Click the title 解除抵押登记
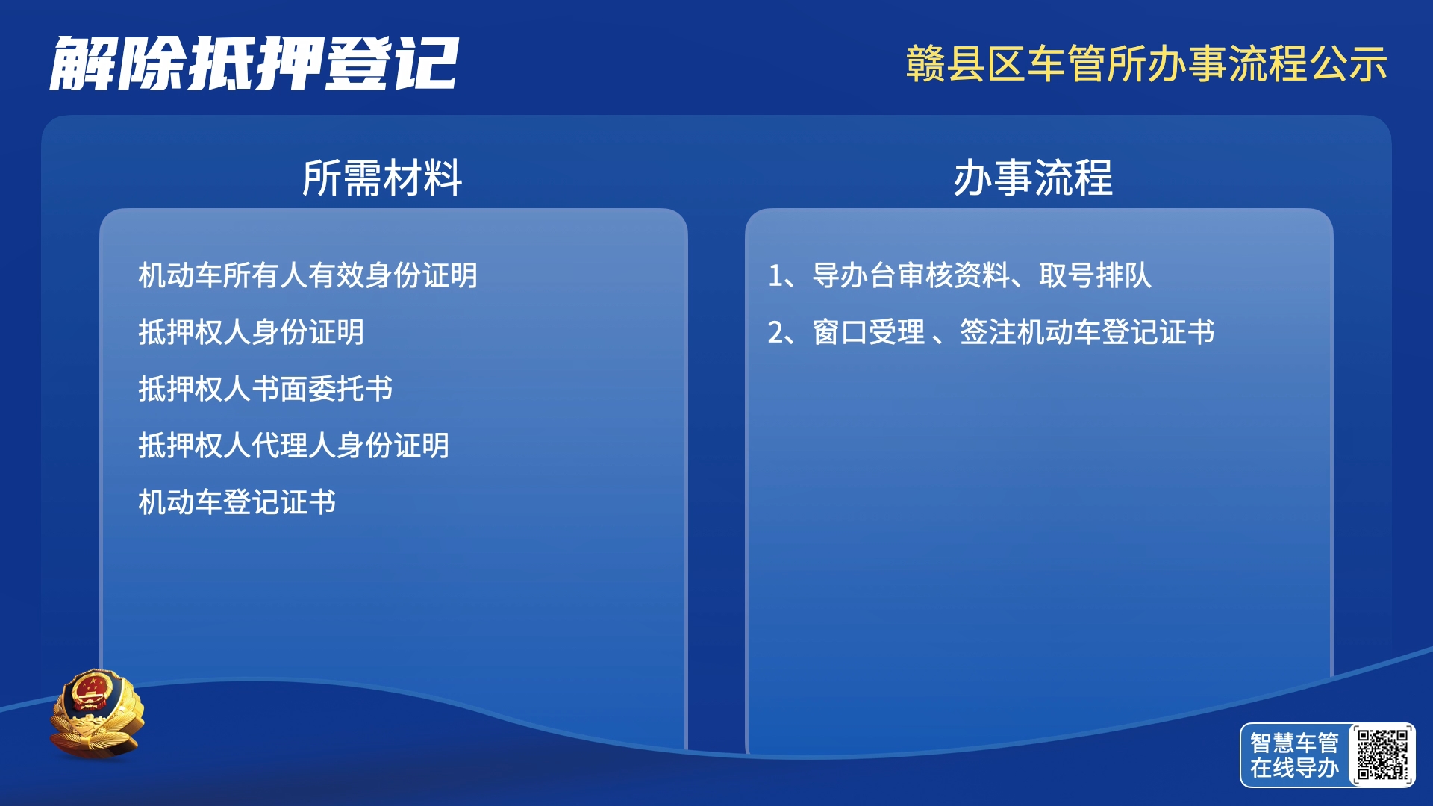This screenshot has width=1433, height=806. (x=254, y=63)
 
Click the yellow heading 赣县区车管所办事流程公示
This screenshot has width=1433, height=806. (x=1146, y=63)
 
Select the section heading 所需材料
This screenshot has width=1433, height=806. (x=382, y=178)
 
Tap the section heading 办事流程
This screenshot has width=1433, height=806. (x=1033, y=178)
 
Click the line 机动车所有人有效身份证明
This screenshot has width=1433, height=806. (x=307, y=275)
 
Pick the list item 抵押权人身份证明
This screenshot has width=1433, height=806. (x=251, y=332)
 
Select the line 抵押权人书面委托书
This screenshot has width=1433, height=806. (x=265, y=389)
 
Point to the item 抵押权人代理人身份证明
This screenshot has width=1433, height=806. (x=293, y=446)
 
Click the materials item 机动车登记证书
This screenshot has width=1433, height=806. (x=237, y=502)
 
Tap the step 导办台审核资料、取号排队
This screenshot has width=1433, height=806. (x=982, y=275)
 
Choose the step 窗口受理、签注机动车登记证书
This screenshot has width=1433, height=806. (x=1014, y=332)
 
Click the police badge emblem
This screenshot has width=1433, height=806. (x=96, y=713)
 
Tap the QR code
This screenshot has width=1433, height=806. (x=1382, y=755)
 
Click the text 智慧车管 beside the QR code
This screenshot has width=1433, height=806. (x=1294, y=743)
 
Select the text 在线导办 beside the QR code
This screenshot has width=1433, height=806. (x=1294, y=767)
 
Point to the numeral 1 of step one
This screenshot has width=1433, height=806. (x=775, y=276)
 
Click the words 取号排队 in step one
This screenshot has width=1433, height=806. (x=1095, y=275)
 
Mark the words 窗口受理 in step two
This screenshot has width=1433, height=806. (x=869, y=332)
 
